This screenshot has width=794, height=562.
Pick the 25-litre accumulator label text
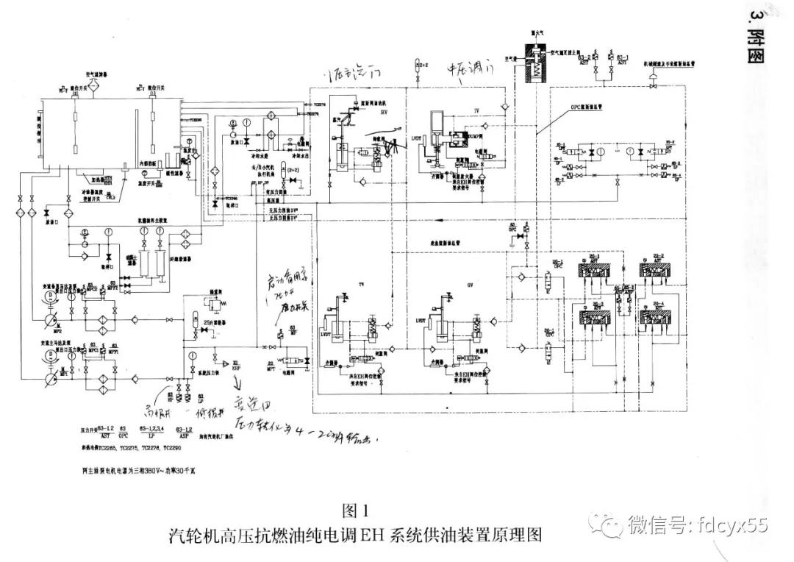(x=216, y=321)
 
